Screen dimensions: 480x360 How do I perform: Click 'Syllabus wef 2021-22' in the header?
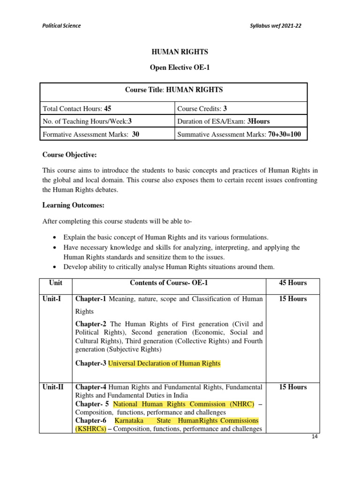(277, 26)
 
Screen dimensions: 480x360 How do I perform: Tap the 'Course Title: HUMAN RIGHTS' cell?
(174, 90)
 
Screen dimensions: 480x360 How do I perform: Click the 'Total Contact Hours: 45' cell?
(77, 108)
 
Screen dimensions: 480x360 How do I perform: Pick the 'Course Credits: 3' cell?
(202, 108)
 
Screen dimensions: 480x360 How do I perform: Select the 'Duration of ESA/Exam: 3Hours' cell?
(223, 121)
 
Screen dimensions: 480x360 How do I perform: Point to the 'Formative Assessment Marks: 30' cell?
(91, 134)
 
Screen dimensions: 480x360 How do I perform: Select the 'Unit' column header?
(55, 283)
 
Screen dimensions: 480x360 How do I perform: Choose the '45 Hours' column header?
(292, 283)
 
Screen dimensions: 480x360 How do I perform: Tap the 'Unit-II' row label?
(53, 387)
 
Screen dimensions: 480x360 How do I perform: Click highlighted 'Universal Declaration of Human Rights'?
(164, 363)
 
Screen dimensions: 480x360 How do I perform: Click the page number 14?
(315, 437)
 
